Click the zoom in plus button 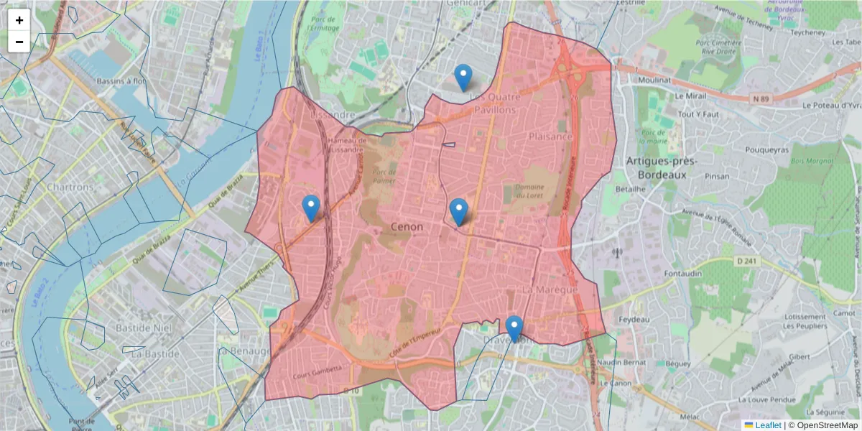[x=19, y=20]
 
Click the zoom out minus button [x=19, y=42]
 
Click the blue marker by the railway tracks [x=311, y=208]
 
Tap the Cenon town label [x=407, y=227]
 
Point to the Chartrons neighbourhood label [x=70, y=187]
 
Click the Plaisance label [x=551, y=136]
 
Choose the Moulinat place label [x=653, y=81]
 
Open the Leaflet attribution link [x=767, y=425]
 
